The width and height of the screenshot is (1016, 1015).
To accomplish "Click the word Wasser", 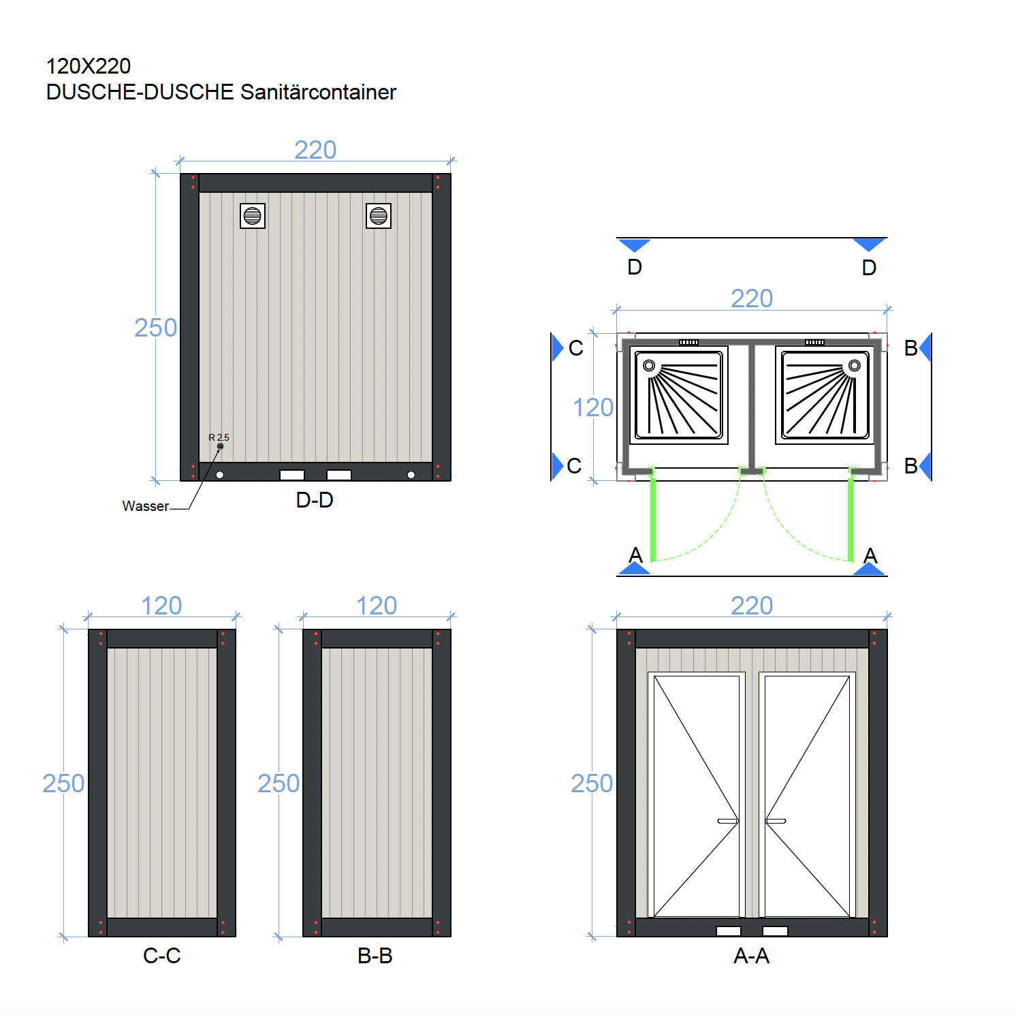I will click(145, 506).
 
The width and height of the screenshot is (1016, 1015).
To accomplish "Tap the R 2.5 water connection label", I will click(219, 437).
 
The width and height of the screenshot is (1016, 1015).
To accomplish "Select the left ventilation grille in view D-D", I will click(252, 216).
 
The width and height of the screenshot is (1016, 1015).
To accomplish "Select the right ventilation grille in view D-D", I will click(378, 216).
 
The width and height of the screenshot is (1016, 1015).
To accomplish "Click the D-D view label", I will click(315, 500).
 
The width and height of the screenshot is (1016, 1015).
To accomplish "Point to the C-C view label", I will click(162, 956).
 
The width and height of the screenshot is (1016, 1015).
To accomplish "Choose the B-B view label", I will click(375, 956).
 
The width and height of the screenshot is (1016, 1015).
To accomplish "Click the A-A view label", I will click(752, 956).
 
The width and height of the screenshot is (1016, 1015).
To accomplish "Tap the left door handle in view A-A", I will click(728, 821).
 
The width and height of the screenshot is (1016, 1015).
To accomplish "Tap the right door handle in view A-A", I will click(776, 821).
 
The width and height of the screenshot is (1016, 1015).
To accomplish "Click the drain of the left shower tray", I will click(649, 366).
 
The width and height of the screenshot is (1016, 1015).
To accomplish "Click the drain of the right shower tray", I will click(854, 366).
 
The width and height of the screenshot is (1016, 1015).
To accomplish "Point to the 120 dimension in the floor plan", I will click(592, 407).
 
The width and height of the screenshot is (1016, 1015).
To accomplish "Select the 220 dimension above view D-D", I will click(315, 150).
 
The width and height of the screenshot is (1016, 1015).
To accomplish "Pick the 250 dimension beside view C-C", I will click(63, 783).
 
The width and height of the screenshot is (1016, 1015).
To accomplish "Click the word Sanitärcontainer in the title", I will click(318, 92).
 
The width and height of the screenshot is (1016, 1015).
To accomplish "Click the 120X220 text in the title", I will click(89, 66).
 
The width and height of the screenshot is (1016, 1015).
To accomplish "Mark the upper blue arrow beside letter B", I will click(925, 347).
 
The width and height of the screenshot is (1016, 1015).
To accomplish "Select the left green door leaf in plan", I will click(653, 518).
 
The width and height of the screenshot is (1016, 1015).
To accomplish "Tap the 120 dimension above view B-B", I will click(377, 606).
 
